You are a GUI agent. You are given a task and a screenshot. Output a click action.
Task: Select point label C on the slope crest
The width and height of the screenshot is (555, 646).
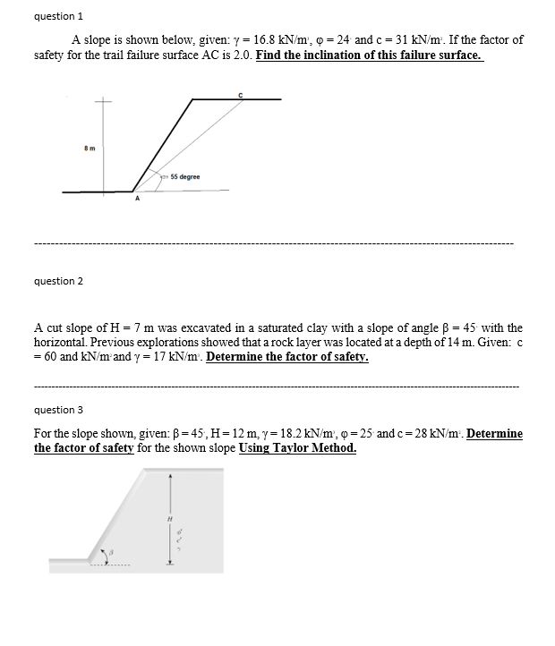coord(239,92)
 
